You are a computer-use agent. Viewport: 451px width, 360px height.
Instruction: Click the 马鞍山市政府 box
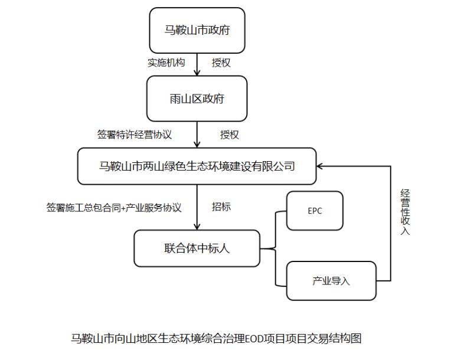[x=197, y=30]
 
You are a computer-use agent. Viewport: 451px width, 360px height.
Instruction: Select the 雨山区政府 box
[x=197, y=99]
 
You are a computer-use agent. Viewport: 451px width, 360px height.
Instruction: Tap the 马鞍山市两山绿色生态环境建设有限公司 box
[x=197, y=166]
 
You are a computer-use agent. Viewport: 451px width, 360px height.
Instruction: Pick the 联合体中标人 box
[x=197, y=248]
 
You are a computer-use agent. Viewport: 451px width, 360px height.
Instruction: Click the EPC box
[x=315, y=211]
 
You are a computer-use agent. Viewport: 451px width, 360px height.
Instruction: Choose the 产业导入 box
[x=331, y=280]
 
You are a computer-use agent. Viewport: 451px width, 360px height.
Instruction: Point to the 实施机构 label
[x=166, y=63]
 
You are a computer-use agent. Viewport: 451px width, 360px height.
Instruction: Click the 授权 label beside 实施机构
[x=221, y=63]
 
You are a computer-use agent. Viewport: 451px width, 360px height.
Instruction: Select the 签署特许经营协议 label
[x=135, y=135]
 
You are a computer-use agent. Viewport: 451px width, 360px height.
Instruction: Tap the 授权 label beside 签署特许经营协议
[x=230, y=135]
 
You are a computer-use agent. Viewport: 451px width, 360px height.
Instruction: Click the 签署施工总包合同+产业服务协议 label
[x=114, y=208]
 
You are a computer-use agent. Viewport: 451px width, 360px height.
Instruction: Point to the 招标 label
[x=221, y=207]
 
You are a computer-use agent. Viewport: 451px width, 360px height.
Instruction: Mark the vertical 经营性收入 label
[x=405, y=212]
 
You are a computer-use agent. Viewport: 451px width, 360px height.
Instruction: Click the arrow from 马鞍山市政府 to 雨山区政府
[x=197, y=64]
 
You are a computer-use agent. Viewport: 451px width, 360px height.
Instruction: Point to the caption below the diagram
[x=215, y=338]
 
